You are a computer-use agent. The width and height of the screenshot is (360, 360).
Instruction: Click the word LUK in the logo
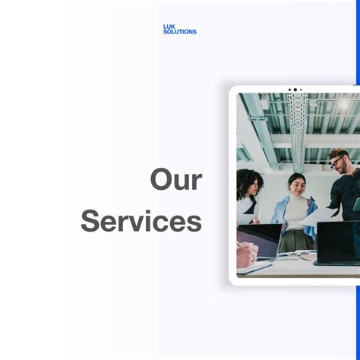pos(169,27)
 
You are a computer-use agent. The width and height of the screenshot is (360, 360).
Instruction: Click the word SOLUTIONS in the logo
pos(179,32)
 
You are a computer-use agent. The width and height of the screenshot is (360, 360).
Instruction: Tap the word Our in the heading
pos(175,180)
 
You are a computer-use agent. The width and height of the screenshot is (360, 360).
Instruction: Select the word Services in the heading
pos(141,222)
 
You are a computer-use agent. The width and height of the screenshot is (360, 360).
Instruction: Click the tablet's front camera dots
pos(295,90)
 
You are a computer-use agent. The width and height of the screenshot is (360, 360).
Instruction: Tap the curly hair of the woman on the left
pos(248,181)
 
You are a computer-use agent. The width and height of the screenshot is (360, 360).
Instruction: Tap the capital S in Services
pos(90,222)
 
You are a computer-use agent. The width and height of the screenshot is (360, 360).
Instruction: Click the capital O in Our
pos(161,180)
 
